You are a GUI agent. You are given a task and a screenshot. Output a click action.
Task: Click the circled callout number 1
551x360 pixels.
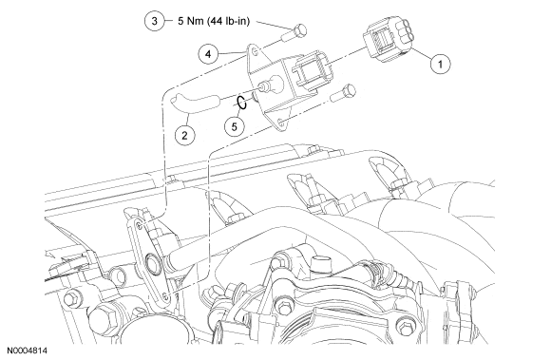point(440,64)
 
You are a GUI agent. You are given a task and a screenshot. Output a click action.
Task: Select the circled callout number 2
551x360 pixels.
point(184,135)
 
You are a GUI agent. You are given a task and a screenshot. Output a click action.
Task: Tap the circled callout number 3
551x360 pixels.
point(155,21)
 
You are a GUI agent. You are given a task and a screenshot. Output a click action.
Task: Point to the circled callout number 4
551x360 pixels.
point(208,54)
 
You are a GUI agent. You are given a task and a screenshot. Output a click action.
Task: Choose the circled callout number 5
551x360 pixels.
point(234,126)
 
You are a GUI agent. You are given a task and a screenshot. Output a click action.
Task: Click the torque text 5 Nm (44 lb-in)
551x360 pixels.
point(214,21)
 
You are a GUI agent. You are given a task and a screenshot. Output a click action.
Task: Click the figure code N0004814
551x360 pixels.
point(28,351)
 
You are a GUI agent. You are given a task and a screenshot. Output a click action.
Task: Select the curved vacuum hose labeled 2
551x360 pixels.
point(195,104)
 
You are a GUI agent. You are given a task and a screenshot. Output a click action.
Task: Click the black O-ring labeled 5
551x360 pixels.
point(241,103)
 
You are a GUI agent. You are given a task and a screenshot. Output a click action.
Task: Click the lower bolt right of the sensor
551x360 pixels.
point(343,93)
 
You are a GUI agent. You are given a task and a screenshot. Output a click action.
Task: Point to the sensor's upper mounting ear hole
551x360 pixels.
point(256,52)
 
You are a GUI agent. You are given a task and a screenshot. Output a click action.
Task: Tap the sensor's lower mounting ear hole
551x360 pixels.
point(280,123)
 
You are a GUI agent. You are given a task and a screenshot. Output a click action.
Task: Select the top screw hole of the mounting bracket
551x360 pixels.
point(140,226)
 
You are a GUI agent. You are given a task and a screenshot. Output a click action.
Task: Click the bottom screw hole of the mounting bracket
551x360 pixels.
point(166,295)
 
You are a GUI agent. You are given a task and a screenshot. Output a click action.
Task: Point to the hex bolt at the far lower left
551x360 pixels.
point(72,299)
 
